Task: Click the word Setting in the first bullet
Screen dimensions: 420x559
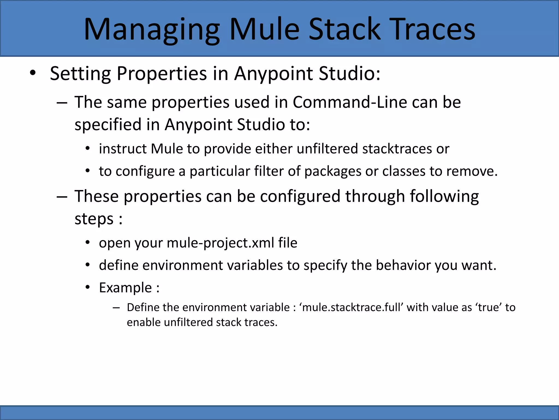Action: coord(81,74)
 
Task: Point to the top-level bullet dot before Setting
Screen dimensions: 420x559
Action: coord(33,73)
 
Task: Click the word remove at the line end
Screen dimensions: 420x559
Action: coord(472,172)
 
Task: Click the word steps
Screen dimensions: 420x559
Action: coord(94,219)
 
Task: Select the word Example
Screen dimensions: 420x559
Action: coord(125,288)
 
